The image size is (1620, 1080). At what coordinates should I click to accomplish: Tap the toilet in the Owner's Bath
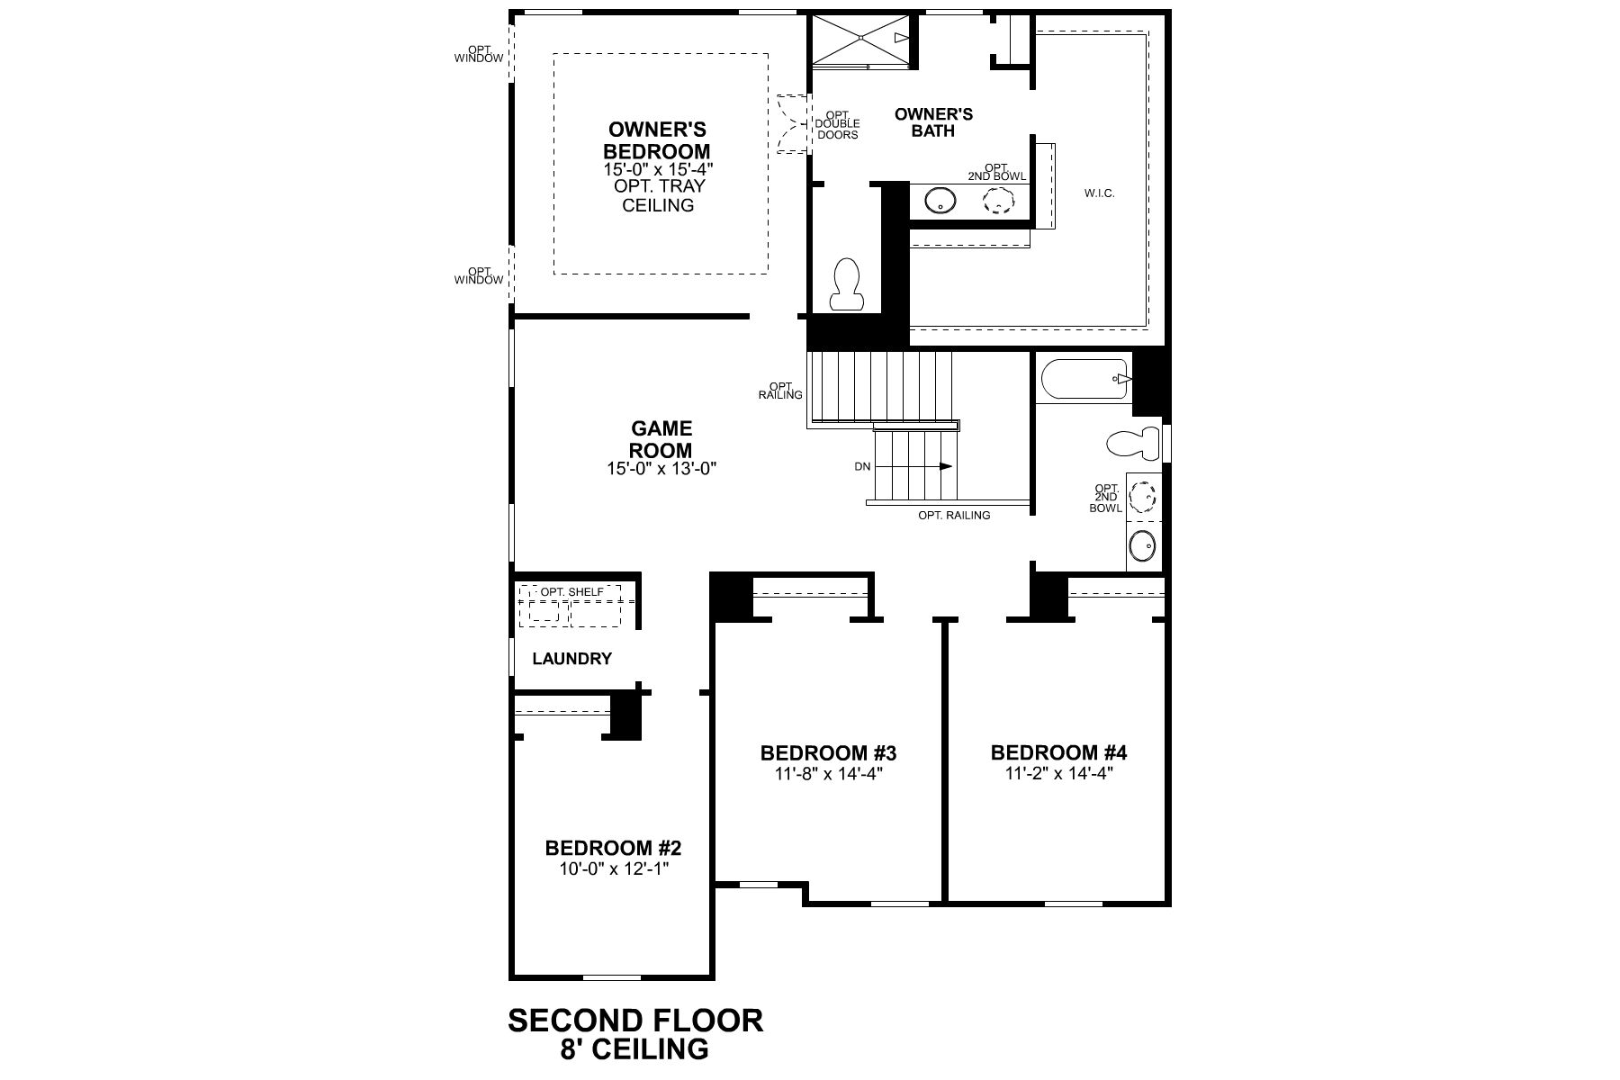coord(847,285)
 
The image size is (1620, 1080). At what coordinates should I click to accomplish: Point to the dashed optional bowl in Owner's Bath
coord(995,203)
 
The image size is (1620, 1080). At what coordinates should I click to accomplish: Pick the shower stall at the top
coord(862,38)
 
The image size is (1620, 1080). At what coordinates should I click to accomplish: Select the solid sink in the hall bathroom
coord(1143,545)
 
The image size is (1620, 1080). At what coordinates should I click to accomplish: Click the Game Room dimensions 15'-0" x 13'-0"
coord(661,469)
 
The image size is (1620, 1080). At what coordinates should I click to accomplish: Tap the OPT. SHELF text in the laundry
coord(572,592)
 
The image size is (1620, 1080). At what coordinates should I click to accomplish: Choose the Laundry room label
coord(571,659)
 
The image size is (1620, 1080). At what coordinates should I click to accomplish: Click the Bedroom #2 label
coord(613,848)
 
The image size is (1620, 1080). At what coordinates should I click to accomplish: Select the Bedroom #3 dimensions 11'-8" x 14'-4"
coord(828,773)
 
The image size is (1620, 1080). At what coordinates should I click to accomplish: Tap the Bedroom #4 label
coord(1058,752)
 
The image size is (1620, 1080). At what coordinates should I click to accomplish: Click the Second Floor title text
coord(635,1021)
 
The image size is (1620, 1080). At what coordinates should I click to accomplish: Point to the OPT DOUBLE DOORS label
coord(837,124)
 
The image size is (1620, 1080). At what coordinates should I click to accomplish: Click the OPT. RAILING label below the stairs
coord(954,516)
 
